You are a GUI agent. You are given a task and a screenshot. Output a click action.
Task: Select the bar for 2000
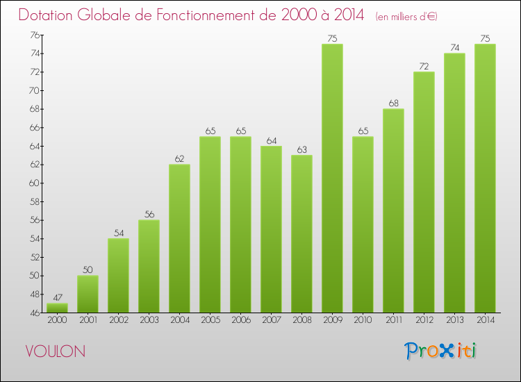tap(57, 307)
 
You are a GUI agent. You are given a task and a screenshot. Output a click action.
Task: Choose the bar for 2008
tap(301, 233)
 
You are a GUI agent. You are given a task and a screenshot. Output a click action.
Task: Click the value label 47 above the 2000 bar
tap(57, 297)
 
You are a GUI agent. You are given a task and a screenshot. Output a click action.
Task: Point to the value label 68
tap(393, 103)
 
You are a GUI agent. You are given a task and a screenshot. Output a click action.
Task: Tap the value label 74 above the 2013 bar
tap(454, 47)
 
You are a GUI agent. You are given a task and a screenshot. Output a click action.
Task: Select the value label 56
tap(149, 214)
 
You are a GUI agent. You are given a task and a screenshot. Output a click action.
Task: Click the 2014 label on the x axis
tap(485, 320)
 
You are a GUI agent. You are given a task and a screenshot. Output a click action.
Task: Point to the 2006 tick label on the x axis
tap(240, 320)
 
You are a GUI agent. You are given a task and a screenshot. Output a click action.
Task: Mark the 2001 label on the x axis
tap(88, 320)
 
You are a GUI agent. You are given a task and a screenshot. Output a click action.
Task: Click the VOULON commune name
tap(56, 351)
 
